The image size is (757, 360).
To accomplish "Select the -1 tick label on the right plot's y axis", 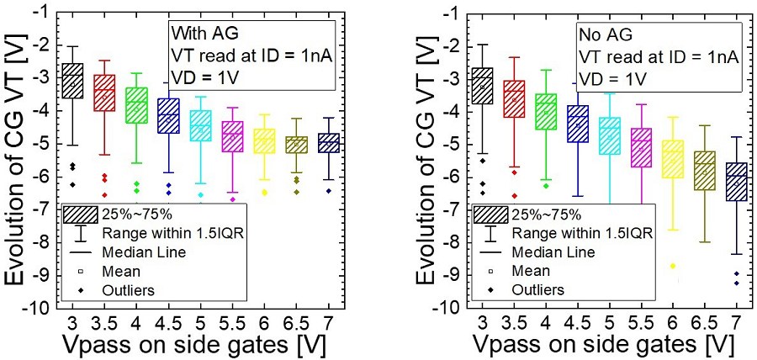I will click(x=451, y=15).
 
